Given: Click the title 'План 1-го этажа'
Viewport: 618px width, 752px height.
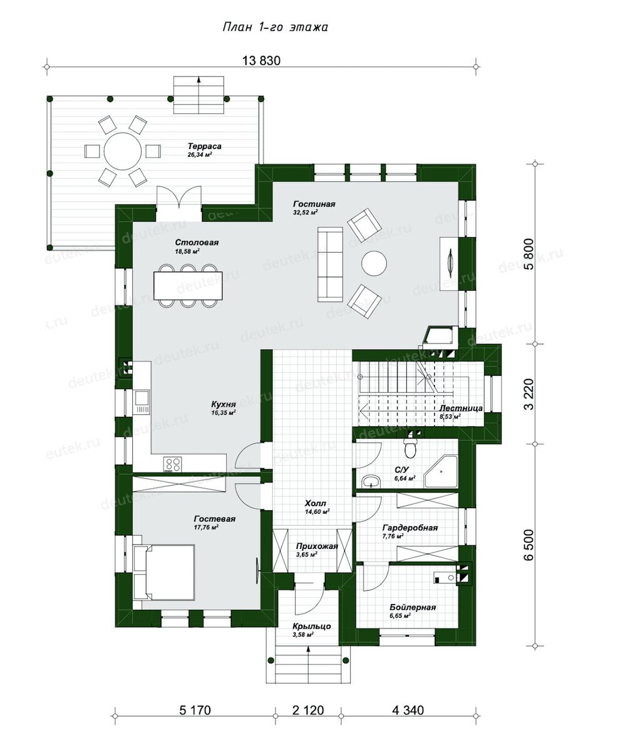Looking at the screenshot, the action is click(x=275, y=28).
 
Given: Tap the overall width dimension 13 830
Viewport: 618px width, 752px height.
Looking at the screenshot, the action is click(x=262, y=61).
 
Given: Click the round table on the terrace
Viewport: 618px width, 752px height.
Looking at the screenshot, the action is click(x=122, y=151).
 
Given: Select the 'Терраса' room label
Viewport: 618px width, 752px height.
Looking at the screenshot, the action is click(x=205, y=146).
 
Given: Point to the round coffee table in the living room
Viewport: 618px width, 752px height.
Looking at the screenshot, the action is click(x=374, y=263).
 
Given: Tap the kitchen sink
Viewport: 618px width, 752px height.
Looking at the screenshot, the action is click(x=142, y=402).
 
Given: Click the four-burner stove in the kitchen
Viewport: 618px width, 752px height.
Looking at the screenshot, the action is click(x=173, y=464).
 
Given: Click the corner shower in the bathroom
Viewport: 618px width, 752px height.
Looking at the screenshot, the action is click(x=441, y=471).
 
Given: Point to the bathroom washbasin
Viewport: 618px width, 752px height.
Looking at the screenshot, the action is click(x=371, y=482).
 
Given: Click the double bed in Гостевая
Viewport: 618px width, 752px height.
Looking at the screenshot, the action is click(x=164, y=572).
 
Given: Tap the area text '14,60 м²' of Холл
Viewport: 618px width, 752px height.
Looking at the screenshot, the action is click(x=317, y=512).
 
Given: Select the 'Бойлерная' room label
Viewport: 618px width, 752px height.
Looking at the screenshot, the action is click(x=413, y=607).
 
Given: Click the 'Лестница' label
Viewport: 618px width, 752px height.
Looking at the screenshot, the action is click(x=461, y=408).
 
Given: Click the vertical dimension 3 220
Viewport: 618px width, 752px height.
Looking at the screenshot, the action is click(x=529, y=394).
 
